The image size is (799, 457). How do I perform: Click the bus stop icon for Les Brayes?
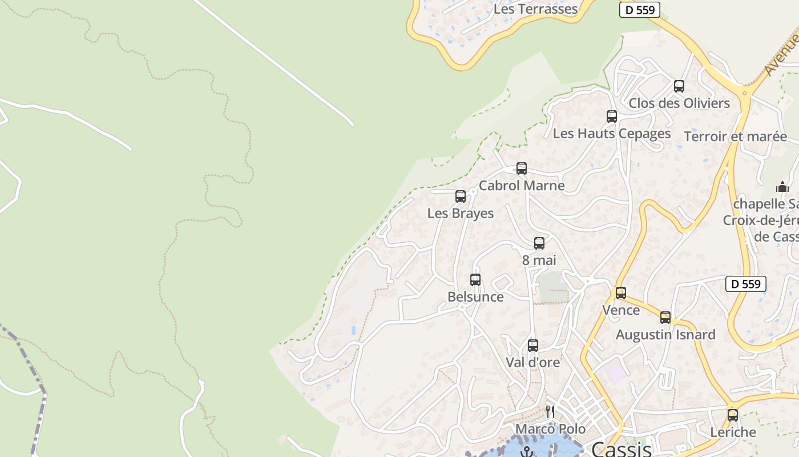[461, 197]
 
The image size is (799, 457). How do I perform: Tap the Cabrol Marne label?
[522, 186]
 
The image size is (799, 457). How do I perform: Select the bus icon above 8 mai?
[539, 243]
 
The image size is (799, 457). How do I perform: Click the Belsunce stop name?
[475, 297]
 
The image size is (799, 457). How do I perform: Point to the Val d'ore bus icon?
[533, 345]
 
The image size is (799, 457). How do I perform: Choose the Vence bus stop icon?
[621, 293]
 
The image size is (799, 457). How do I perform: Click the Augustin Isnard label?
[665, 335]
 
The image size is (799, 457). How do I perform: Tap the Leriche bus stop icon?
[733, 415]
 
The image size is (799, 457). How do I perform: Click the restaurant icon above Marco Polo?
[550, 411]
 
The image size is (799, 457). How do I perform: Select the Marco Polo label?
[550, 429]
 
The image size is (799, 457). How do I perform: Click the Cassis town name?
[622, 449]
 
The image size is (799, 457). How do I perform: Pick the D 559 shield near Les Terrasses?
[640, 10]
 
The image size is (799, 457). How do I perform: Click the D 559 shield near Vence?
[746, 284]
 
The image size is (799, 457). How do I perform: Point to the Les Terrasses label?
[535, 9]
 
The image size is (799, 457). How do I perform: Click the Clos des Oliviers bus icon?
[679, 86]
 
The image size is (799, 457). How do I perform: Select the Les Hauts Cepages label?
[612, 134]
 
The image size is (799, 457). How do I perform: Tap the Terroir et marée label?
[735, 137]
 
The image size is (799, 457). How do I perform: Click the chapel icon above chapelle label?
[782, 187]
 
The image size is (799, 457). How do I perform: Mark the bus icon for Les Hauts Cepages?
[612, 117]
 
